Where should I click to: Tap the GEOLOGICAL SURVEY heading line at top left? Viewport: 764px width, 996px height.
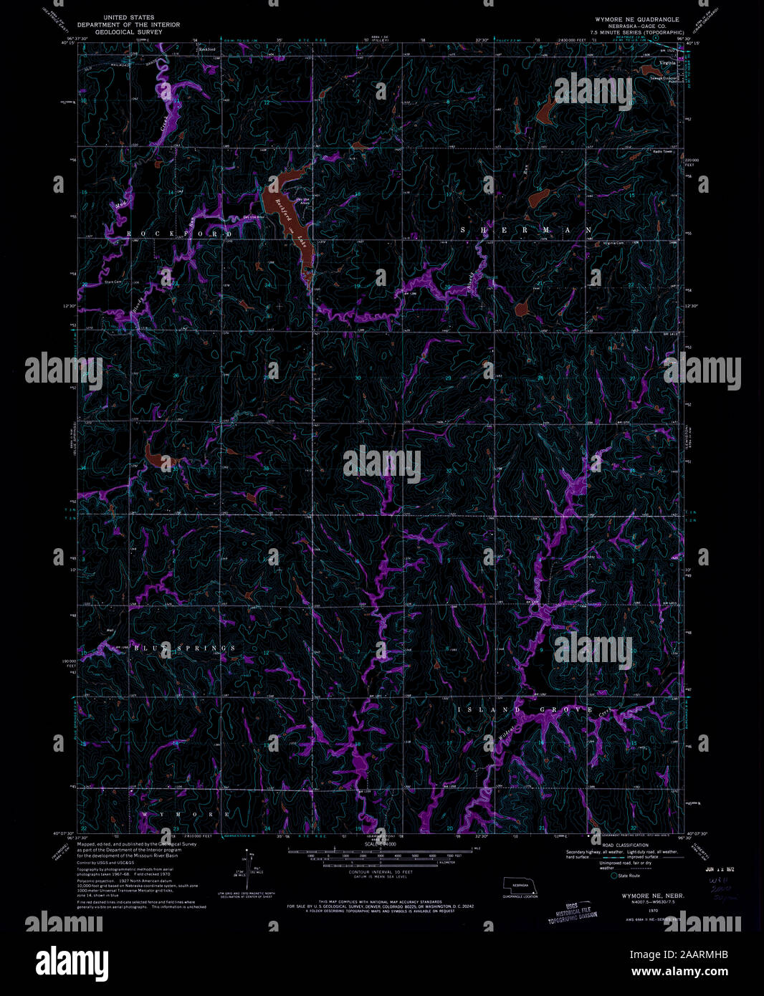(x=129, y=32)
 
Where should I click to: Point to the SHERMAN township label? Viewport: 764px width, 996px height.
(x=526, y=229)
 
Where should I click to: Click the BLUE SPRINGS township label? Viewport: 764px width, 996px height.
(x=184, y=648)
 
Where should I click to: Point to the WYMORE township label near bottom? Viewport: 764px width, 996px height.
(x=196, y=815)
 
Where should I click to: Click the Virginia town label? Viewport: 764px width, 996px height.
(x=667, y=63)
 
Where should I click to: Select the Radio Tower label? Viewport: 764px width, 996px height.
(x=663, y=151)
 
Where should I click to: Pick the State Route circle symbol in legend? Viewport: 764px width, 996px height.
(x=613, y=876)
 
